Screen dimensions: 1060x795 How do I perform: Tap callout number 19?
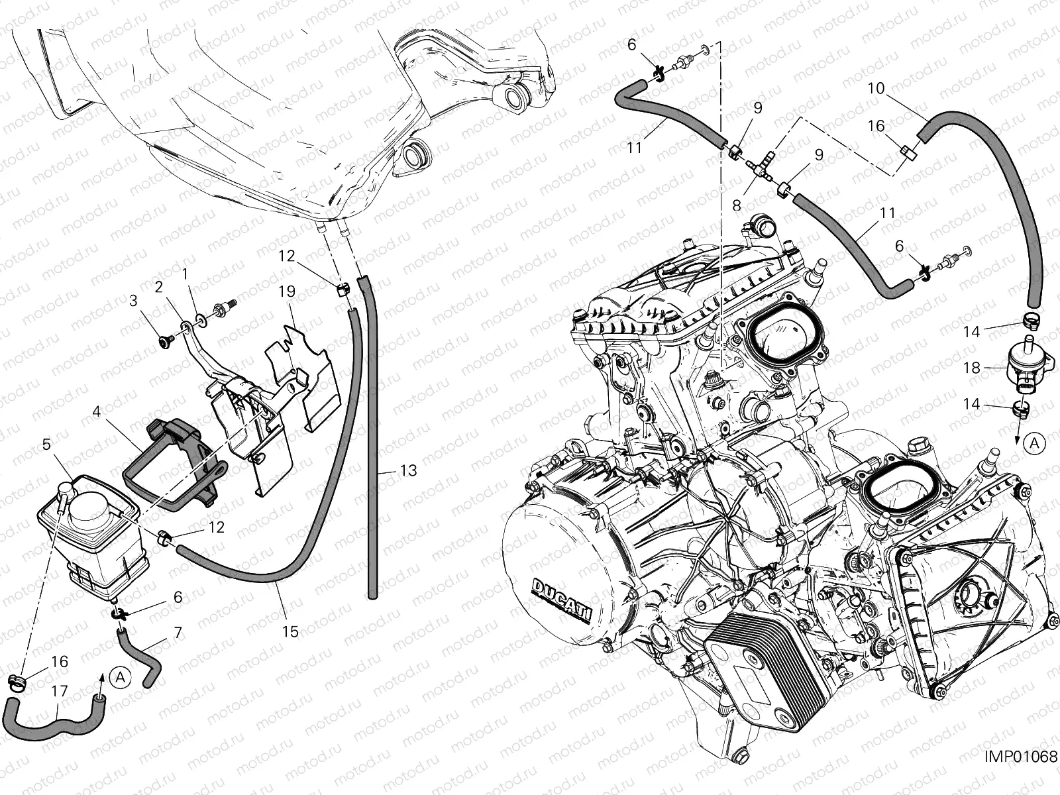[287, 291]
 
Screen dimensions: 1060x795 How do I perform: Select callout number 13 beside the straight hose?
[409, 470]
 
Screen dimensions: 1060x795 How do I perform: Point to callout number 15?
[290, 631]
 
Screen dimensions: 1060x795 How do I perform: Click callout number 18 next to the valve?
[972, 368]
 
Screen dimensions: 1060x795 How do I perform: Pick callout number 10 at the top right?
[889, 88]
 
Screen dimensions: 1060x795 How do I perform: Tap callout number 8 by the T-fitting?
[737, 205]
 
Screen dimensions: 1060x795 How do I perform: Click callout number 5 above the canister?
[46, 444]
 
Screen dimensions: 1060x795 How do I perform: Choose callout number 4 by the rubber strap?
[97, 411]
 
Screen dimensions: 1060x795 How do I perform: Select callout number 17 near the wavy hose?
[60, 691]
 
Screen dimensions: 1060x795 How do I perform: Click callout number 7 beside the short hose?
[178, 632]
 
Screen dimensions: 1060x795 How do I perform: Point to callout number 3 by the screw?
[134, 301]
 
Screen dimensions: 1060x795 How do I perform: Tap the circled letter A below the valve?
[1034, 443]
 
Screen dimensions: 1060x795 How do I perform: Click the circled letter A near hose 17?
[121, 678]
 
